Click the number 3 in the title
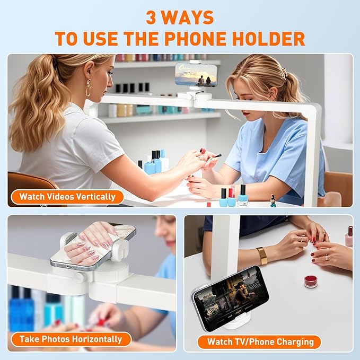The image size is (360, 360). click(151, 17)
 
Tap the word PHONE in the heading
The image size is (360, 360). click(196, 38)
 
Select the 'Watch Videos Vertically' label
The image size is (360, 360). click(67, 197)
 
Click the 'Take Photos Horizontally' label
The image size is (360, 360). click(71, 339)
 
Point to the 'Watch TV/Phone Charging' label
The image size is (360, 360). click(260, 342)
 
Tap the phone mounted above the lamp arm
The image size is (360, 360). click(196, 75)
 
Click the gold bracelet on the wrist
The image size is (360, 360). click(262, 256)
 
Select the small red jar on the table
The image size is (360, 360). click(311, 282)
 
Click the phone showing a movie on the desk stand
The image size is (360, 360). click(231, 298)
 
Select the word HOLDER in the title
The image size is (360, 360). click(268, 38)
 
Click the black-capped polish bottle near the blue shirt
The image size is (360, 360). click(243, 196)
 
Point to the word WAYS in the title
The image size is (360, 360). click(188, 17)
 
